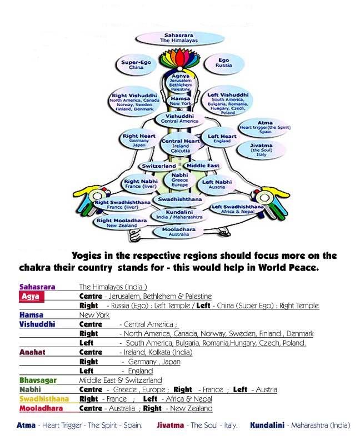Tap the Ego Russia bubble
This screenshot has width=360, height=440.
(x=223, y=63)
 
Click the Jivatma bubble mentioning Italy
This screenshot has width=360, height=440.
(x=261, y=149)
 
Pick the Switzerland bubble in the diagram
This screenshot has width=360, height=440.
(x=159, y=166)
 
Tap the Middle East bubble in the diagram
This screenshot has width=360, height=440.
(x=202, y=166)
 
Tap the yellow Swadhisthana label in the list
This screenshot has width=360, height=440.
(x=44, y=399)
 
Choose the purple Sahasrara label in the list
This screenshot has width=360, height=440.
(x=37, y=287)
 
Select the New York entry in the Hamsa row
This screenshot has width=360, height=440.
(x=94, y=315)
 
